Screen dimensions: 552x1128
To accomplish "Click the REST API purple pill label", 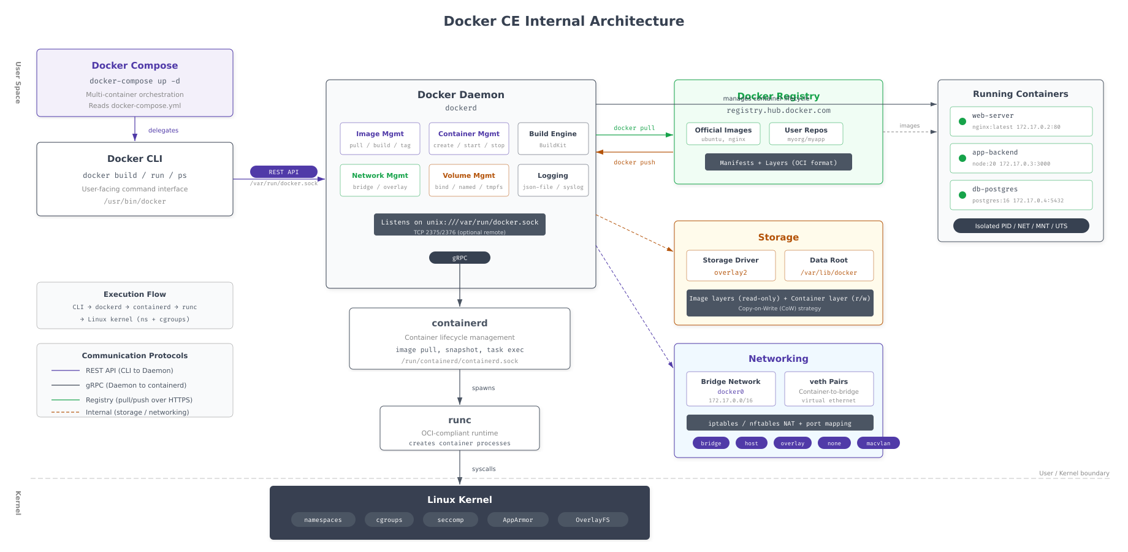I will [x=283, y=172].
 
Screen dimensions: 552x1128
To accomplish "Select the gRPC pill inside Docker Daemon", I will [x=459, y=258].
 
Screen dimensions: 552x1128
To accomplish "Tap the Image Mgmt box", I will [x=380, y=139].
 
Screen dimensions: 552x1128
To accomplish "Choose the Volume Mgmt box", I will [x=469, y=180].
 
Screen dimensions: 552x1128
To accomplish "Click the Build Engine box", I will [x=553, y=139].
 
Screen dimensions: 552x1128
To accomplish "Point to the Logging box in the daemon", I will [x=553, y=180].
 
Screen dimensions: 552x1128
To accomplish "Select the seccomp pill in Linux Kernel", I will [x=451, y=519].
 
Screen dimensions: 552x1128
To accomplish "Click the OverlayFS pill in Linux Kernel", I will [x=593, y=519].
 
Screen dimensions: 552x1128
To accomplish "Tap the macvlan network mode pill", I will [x=878, y=443].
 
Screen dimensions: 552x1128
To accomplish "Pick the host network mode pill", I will [x=751, y=443].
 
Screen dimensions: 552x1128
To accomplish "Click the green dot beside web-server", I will [x=962, y=121].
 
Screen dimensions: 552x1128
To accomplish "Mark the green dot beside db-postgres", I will [x=962, y=195].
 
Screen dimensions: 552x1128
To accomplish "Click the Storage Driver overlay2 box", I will [x=731, y=266].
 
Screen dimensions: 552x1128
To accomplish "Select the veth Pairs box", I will [x=829, y=389].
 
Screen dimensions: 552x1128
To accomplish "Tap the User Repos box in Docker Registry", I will [x=806, y=134].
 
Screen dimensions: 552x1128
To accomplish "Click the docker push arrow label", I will [x=634, y=163].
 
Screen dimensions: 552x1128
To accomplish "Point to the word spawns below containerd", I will [x=483, y=388].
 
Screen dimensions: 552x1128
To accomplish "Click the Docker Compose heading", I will [x=135, y=66].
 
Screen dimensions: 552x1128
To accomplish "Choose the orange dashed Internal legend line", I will [x=66, y=412].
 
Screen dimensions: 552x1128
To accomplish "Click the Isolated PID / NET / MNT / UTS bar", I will [x=1021, y=226].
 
